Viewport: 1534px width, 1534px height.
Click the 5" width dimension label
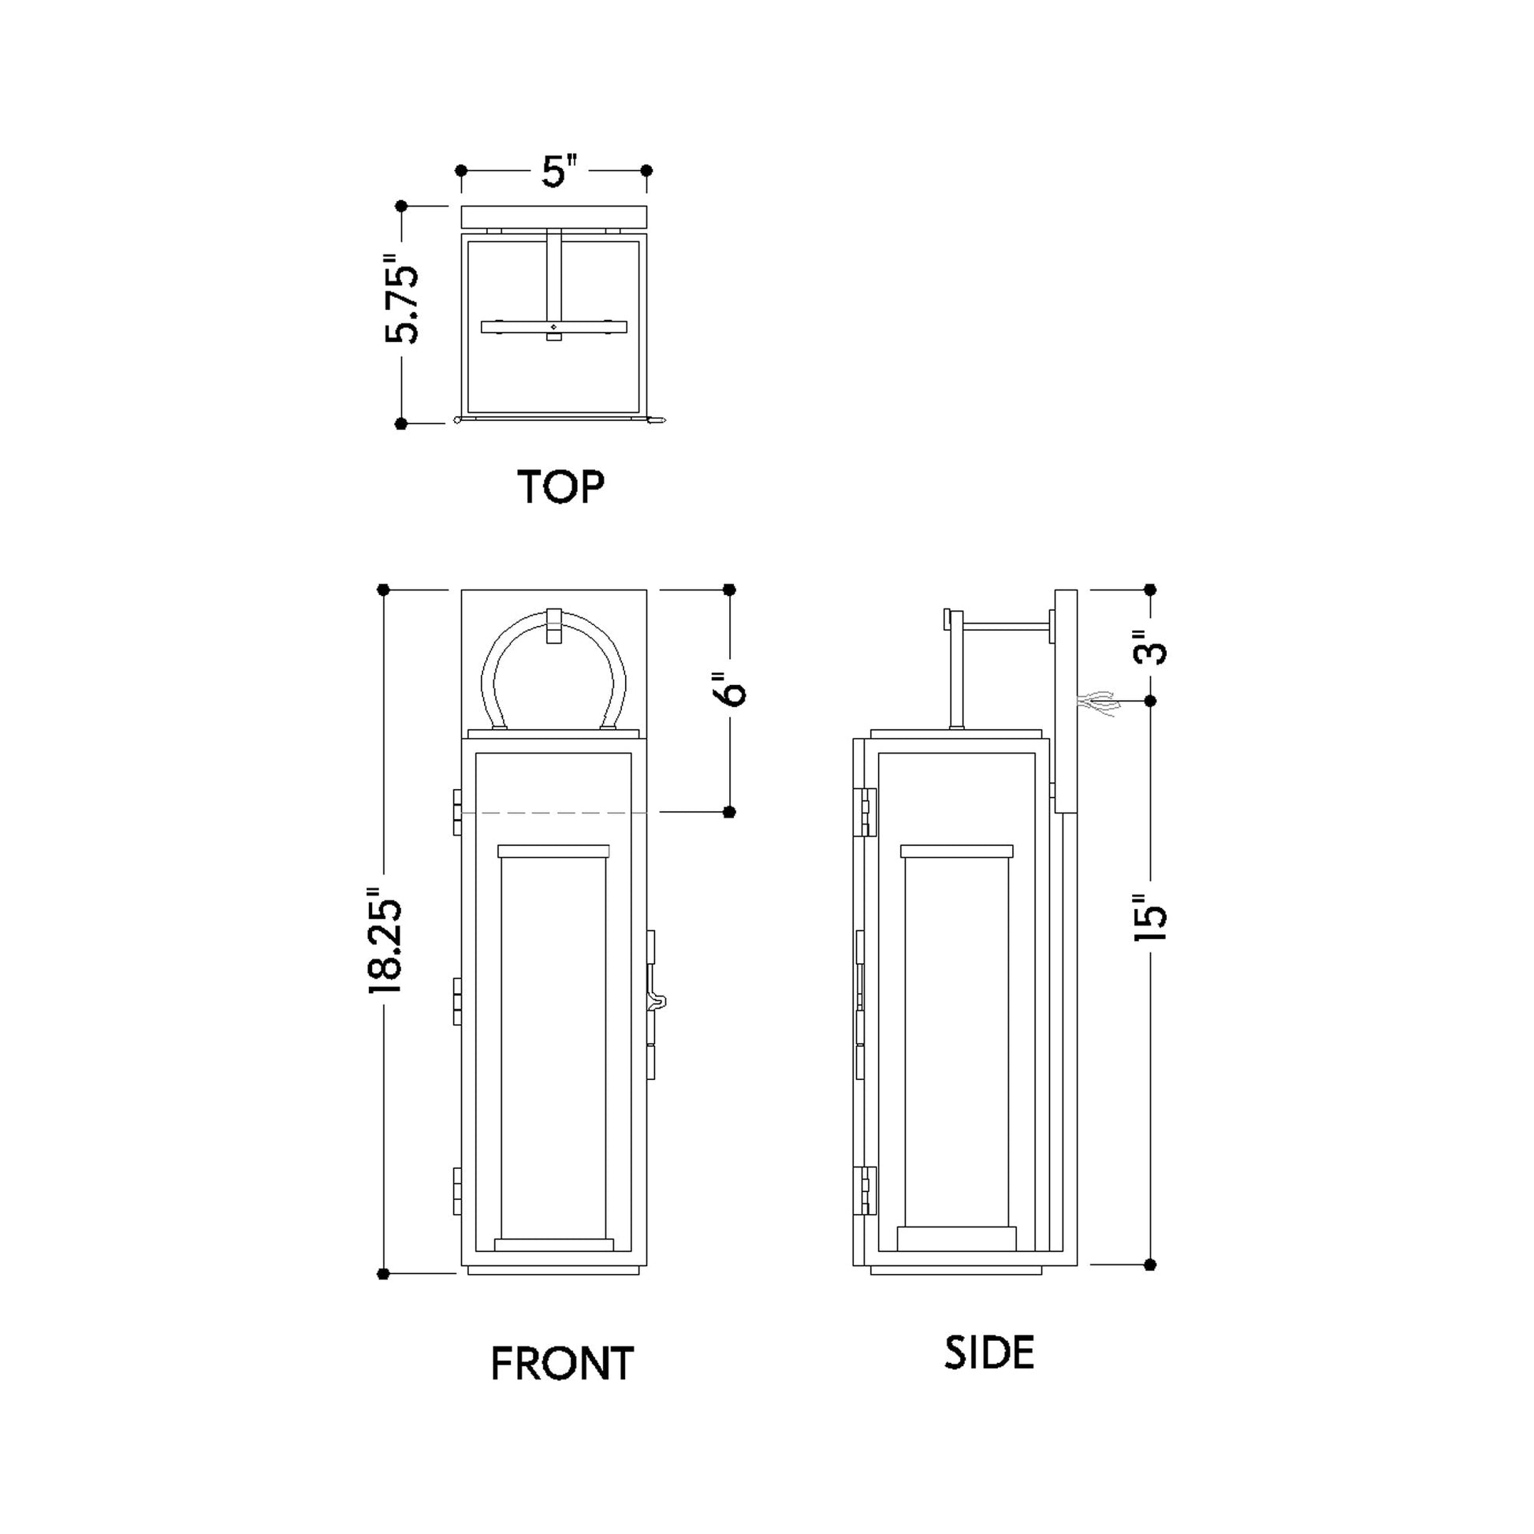pyautogui.click(x=558, y=172)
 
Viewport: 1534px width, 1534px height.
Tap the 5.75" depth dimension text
pyautogui.click(x=402, y=300)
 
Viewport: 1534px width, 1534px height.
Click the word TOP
pyautogui.click(x=560, y=486)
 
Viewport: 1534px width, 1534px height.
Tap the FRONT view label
pyautogui.click(x=562, y=1364)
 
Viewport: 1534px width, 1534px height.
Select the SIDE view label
pyautogui.click(x=989, y=1353)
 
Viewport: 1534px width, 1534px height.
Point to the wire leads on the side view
pyautogui.click(x=1097, y=702)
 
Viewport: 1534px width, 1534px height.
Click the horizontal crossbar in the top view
pyautogui.click(x=554, y=327)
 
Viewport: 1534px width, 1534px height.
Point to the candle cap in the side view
pyautogui.click(x=957, y=851)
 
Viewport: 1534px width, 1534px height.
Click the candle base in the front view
pyautogui.click(x=554, y=1244)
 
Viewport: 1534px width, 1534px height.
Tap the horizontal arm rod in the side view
pyautogui.click(x=1006, y=628)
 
